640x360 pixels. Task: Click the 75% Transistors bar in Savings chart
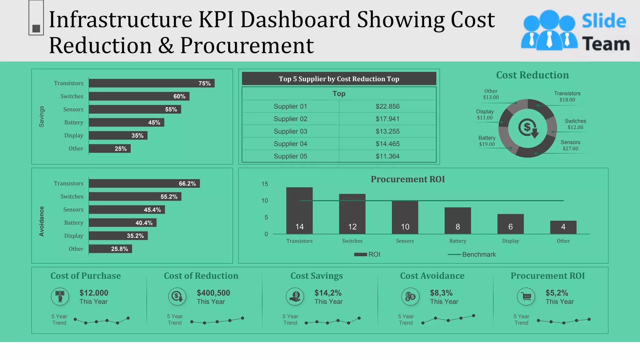(152, 83)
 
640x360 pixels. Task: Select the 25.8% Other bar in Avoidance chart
(110, 249)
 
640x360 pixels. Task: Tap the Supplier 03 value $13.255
(387, 131)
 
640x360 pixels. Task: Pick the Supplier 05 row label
(290, 156)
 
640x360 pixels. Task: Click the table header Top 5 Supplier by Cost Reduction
(339, 79)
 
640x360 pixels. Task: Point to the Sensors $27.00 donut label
(570, 145)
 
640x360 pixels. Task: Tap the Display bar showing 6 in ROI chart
(510, 224)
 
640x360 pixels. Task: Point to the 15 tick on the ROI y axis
(265, 184)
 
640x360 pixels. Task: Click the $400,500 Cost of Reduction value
(213, 293)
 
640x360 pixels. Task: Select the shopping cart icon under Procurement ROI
(526, 297)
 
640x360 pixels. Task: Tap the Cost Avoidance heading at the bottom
(432, 276)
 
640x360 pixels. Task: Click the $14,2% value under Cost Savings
(328, 293)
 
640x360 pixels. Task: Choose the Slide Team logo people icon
(549, 30)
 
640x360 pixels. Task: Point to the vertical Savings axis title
(42, 117)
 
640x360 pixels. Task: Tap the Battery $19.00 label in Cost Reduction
(487, 141)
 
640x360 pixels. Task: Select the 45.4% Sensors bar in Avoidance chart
(127, 210)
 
